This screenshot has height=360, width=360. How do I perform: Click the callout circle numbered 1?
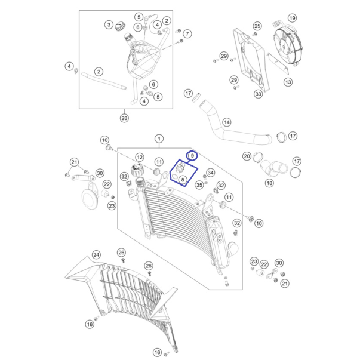pos(159,139)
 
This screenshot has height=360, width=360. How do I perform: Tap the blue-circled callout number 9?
pos(192,156)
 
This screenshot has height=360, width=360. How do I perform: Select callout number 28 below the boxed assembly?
pos(124,118)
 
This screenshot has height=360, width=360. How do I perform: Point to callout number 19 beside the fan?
pos(292,18)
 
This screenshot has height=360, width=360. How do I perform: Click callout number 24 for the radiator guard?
pos(96,254)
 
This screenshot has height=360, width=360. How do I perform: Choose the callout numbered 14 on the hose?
pos(227,122)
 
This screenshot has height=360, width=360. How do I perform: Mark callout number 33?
pos(259,94)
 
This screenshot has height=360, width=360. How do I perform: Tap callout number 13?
pos(288,82)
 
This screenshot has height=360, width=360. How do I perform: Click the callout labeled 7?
pos(187,34)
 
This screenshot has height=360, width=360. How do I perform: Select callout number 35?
pos(199,185)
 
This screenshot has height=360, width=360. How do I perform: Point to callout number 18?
pos(269,183)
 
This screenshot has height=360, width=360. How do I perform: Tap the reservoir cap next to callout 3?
pos(119,26)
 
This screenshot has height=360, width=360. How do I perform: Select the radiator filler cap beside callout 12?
pos(137,170)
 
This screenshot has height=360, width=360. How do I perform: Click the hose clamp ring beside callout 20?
pos(257,157)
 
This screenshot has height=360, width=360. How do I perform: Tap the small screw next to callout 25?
pos(254,35)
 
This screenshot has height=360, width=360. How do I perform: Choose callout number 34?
pos(211,173)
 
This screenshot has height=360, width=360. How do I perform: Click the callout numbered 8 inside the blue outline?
pos(183,179)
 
